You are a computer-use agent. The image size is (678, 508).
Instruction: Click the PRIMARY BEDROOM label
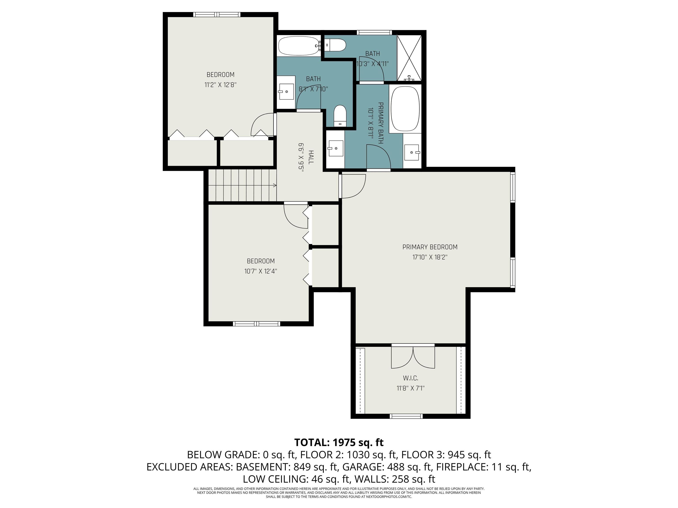pos(430,247)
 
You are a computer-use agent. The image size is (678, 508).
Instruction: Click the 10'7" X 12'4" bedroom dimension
pos(260,271)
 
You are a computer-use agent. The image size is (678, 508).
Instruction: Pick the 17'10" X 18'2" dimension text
pos(430,257)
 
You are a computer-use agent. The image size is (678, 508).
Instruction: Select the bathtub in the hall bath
pos(299,46)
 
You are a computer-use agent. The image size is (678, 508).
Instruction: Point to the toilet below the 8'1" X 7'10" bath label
pos(340,116)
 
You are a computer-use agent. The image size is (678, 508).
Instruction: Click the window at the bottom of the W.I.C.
pos(406,416)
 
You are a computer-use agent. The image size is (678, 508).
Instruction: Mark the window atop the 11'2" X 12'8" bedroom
pos(217,14)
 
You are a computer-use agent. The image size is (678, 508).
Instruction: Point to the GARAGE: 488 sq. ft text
pos(388,467)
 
